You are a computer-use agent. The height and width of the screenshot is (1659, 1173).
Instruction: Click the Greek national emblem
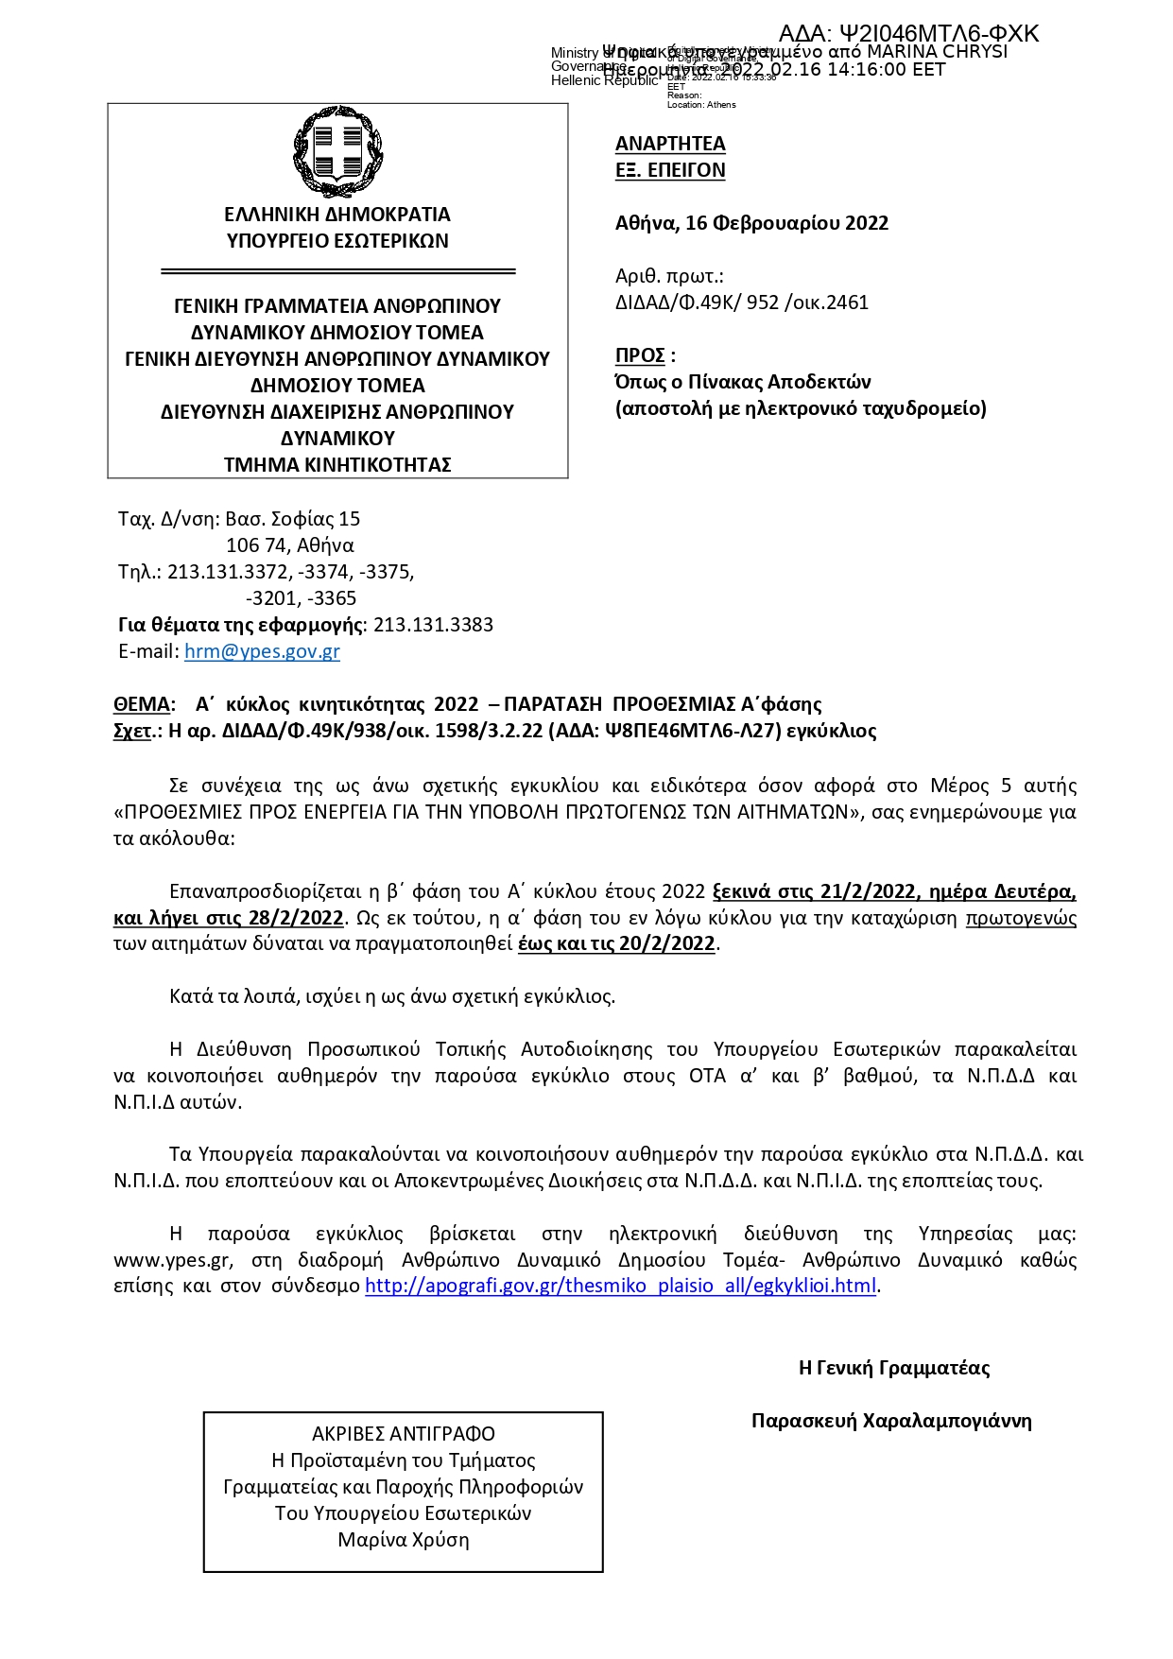coord(337,151)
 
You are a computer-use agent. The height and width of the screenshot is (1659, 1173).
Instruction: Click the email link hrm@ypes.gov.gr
coord(262,651)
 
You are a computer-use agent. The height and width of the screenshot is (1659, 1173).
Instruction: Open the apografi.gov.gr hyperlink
coord(621,1286)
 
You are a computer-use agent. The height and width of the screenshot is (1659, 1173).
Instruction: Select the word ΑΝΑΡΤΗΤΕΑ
coord(670,144)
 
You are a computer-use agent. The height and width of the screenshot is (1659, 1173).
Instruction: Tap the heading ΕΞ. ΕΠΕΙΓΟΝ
coord(670,170)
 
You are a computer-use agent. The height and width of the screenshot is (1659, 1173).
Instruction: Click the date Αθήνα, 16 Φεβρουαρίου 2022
coord(751,223)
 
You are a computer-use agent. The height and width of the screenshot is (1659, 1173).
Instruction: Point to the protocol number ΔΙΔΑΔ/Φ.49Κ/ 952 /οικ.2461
coord(741,302)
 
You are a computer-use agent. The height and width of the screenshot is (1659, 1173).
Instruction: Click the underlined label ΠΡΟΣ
coord(640,355)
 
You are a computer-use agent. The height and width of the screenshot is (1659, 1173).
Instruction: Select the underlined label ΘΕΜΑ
coord(141,704)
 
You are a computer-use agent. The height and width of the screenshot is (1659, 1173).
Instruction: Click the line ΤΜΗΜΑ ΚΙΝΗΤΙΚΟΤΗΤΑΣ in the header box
coord(337,465)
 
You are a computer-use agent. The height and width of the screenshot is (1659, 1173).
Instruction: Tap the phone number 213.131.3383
coord(433,625)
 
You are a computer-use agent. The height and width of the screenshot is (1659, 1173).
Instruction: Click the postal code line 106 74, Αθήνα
coord(290,545)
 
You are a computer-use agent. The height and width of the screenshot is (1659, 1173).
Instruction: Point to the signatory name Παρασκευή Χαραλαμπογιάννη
coord(890,1421)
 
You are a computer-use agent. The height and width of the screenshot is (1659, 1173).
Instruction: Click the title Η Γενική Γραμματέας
coord(893,1368)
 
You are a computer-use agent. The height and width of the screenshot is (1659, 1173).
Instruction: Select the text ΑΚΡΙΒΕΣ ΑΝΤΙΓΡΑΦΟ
coord(404,1434)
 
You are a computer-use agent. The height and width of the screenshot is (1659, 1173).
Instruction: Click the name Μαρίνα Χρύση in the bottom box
coord(404,1540)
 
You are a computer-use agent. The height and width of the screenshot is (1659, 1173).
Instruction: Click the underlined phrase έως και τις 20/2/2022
coord(616,943)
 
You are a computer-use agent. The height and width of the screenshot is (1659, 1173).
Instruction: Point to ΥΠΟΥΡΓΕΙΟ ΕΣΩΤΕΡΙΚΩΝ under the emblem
coord(337,241)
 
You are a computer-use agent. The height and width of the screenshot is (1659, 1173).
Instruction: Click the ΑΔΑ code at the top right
coord(908,34)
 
